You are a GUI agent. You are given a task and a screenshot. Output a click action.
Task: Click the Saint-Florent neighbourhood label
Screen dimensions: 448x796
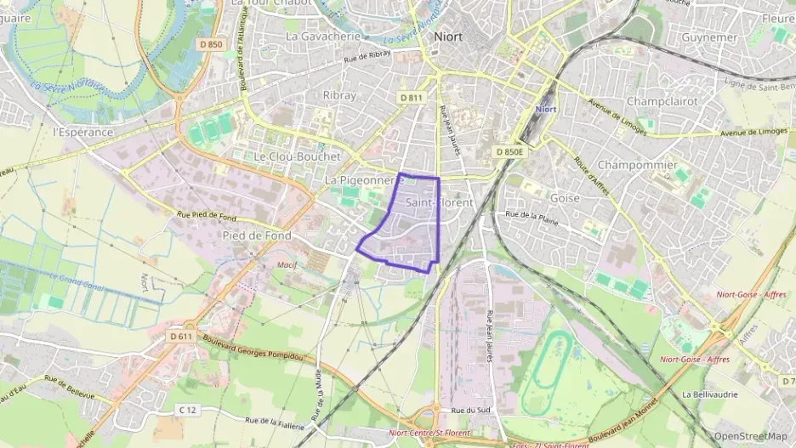coord(439,202)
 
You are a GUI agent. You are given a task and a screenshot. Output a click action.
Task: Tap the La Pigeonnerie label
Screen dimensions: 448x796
coord(363,181)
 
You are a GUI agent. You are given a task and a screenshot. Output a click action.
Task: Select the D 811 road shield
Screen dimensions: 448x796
coord(412,98)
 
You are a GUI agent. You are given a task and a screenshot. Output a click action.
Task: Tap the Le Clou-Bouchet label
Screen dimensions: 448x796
coord(297,157)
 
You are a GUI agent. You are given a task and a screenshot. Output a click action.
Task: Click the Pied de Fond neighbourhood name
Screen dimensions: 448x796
coord(256,235)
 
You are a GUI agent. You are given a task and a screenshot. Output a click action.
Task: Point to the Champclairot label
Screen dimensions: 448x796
coord(662,101)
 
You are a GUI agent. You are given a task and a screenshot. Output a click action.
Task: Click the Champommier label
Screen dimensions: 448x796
coord(638,164)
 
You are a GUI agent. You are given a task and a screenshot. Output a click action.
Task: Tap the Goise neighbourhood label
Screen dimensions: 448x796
coord(566,198)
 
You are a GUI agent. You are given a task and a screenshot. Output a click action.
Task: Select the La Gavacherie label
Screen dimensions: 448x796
coord(323,37)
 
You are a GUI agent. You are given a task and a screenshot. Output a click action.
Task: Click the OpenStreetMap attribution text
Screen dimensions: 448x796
coord(749,436)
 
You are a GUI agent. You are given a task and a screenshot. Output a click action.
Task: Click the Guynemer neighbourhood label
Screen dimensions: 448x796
coord(710,38)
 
